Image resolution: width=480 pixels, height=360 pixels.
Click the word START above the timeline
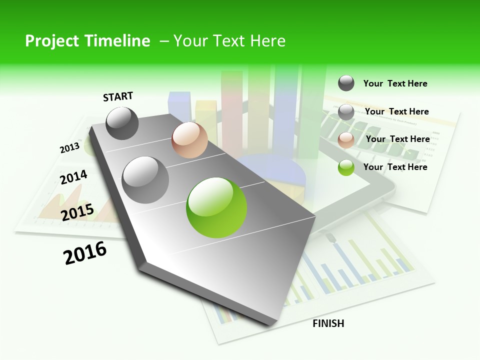tap(118, 96)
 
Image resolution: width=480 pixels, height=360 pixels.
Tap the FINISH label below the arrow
tap(328, 323)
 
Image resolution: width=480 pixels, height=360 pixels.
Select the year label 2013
tap(69, 148)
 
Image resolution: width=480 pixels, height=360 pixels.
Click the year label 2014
tap(73, 177)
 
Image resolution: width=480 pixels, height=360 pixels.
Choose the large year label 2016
tap(85, 253)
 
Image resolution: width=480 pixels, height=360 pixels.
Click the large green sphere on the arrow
tap(216, 207)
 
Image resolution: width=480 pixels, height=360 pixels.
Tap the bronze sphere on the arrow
tap(189, 140)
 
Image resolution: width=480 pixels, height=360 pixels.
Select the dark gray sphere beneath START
tap(122, 123)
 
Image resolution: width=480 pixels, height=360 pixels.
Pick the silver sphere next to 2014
tap(145, 179)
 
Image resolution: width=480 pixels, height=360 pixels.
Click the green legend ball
tap(346, 167)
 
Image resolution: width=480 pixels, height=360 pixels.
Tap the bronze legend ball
tap(346, 140)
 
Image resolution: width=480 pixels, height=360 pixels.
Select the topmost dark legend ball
tap(346, 83)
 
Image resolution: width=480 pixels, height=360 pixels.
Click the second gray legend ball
tap(346, 112)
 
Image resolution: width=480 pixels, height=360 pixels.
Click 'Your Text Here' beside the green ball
tap(395, 167)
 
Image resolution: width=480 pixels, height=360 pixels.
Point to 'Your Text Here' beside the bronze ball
tap(397, 139)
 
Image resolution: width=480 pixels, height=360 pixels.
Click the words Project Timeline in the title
tap(87, 41)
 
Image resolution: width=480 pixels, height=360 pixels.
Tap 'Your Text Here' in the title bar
tap(229, 41)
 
